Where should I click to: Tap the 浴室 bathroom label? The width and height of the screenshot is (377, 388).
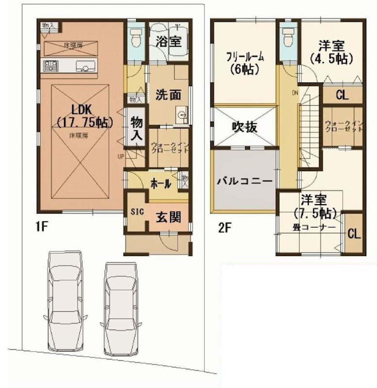pyautogui.click(x=169, y=42)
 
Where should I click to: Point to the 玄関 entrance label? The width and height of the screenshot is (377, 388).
pyautogui.click(x=168, y=217)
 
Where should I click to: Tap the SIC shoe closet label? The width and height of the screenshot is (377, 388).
pyautogui.click(x=136, y=211)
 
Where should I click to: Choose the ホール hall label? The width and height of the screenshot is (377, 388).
pyautogui.click(x=160, y=184)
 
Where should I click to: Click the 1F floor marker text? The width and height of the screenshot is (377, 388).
pyautogui.click(x=41, y=226)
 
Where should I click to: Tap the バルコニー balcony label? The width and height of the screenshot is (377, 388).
pyautogui.click(x=244, y=181)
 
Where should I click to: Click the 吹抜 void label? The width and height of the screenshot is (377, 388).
pyautogui.click(x=244, y=127)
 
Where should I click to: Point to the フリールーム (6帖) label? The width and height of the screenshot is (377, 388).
pyautogui.click(x=244, y=62)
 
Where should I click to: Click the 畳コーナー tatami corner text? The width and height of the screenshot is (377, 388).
pyautogui.click(x=314, y=226)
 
